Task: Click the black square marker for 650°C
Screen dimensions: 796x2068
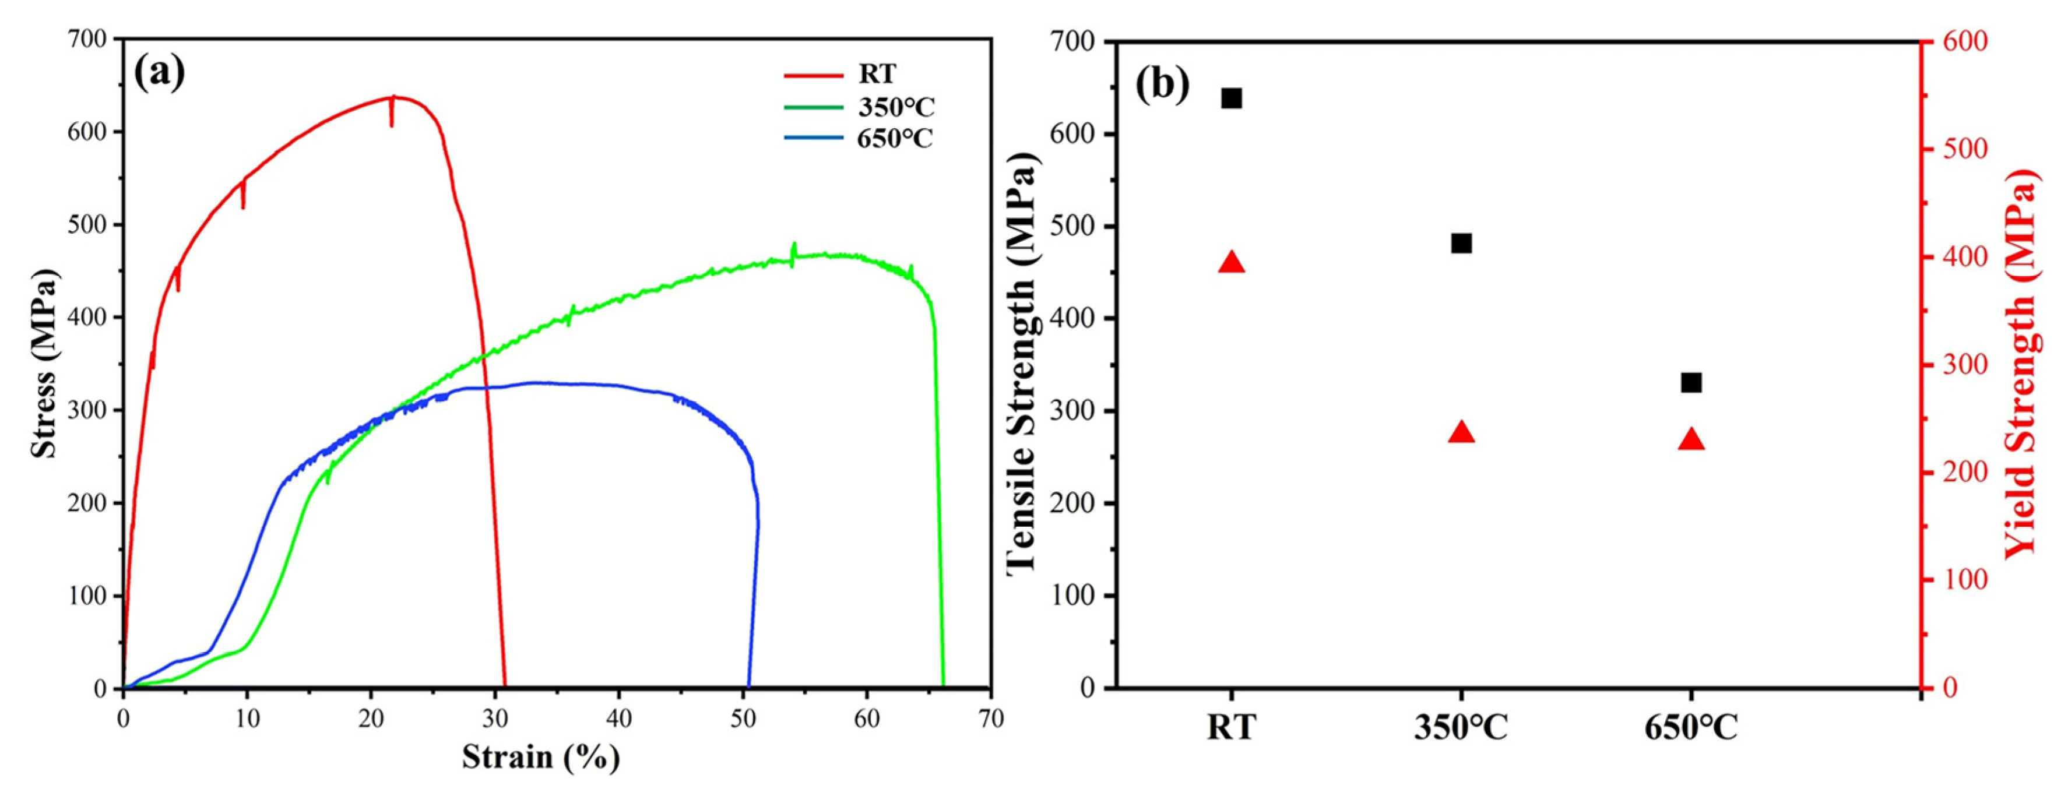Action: click(1691, 383)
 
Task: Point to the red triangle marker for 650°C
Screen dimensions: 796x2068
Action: click(1691, 440)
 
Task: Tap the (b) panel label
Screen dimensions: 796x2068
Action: click(1162, 84)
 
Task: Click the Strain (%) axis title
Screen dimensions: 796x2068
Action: click(540, 757)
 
